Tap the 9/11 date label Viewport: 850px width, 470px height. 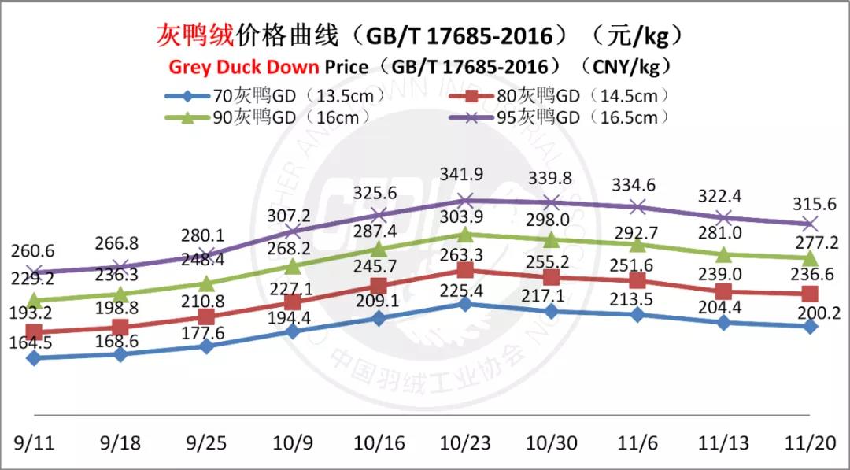pos(34,443)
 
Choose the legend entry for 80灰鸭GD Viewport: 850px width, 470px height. pos(560,96)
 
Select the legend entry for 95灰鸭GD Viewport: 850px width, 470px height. pos(560,117)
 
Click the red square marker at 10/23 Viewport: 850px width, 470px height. pos(465,269)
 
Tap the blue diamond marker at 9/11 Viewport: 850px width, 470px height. pos(34,358)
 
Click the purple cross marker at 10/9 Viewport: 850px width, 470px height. pos(293,231)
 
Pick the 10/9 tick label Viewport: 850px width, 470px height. pos(293,443)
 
